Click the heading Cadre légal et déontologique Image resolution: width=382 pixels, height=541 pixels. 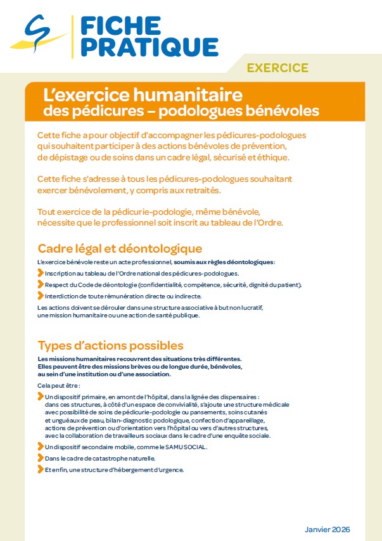click(x=120, y=248)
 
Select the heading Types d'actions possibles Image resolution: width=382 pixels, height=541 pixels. click(x=110, y=346)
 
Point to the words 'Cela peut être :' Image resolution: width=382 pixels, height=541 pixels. click(x=59, y=385)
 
